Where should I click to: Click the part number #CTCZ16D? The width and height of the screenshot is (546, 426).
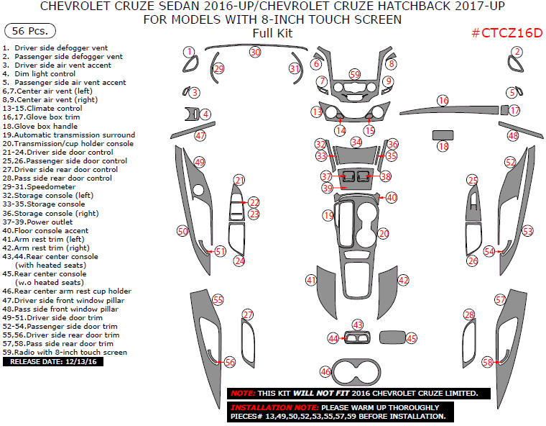click(x=506, y=33)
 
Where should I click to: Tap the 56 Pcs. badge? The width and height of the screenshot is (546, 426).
click(x=30, y=32)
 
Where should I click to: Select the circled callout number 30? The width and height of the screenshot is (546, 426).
click(x=255, y=53)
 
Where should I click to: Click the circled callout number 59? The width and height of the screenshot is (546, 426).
click(x=355, y=75)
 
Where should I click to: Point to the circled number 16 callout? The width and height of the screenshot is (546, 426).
click(x=443, y=101)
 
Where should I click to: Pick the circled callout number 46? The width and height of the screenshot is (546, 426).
click(x=325, y=372)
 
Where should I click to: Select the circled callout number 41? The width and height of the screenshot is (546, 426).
click(x=311, y=280)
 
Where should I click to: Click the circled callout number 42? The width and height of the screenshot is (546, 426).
click(x=404, y=280)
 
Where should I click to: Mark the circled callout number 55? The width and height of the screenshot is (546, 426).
click(x=218, y=299)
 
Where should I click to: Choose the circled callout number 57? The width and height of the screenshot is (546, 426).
click(x=500, y=299)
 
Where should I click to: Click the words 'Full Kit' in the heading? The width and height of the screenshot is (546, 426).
click(x=272, y=33)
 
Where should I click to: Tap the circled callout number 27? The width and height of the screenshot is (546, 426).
click(x=248, y=314)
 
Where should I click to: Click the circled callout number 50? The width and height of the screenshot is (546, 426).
click(x=182, y=231)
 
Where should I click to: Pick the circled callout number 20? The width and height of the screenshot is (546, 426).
click(x=384, y=234)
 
